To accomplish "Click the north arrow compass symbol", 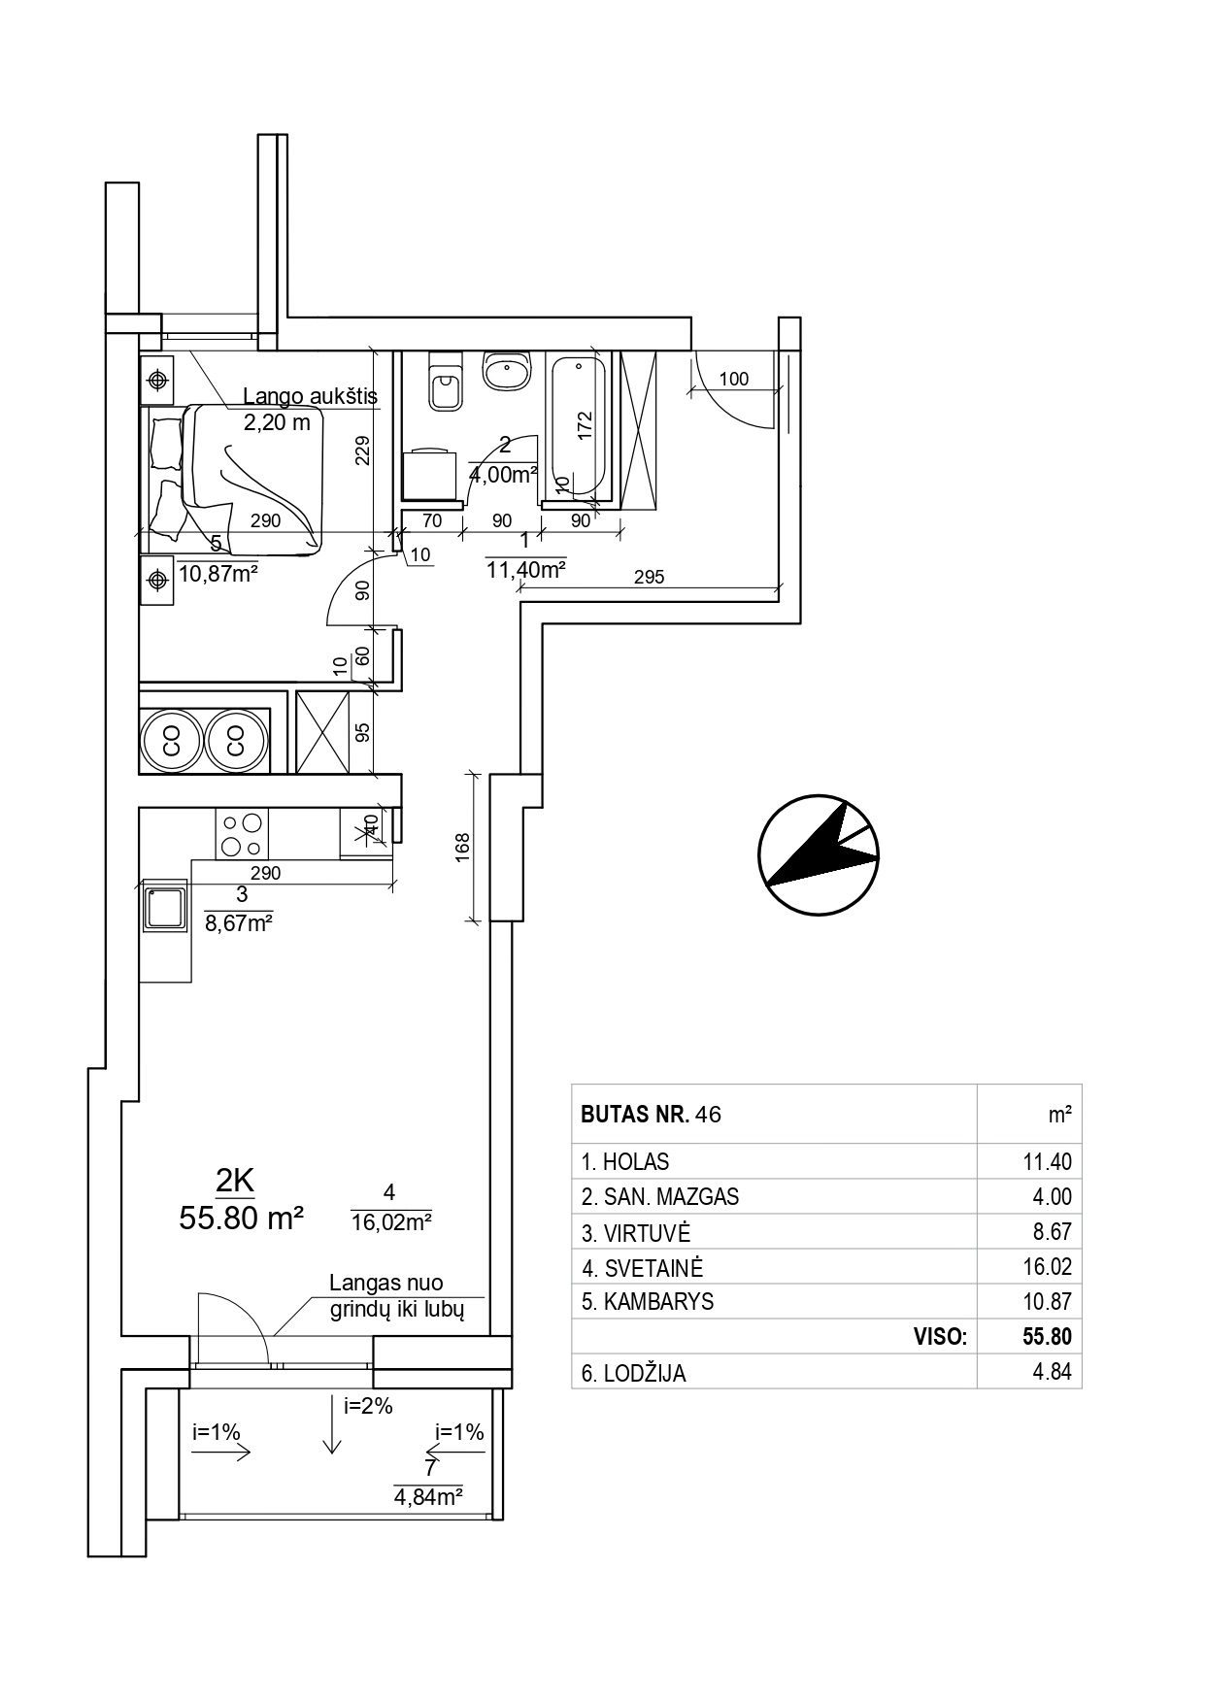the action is point(819,855).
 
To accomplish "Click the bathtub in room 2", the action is point(578,428).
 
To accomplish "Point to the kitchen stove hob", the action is point(242,833).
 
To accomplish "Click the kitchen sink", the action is point(164,906).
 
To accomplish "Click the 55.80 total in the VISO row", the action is point(1047,1336).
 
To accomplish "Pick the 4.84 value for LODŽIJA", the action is point(1053,1372).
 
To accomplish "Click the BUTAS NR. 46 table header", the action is point(651,1114).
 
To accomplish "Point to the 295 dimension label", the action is point(649,577).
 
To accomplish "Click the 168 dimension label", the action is point(463,845).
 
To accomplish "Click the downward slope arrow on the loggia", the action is point(333,1425).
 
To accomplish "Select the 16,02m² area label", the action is point(391,1221).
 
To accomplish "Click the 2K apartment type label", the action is point(235,1181).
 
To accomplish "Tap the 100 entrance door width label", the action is point(734,379).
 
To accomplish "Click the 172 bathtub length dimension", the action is point(584,424).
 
